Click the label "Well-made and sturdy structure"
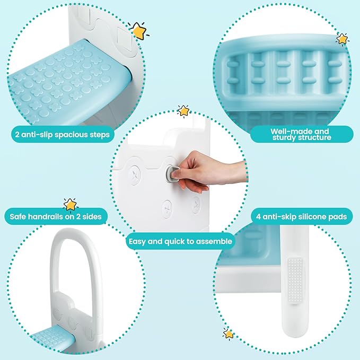300,134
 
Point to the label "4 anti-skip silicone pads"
301,216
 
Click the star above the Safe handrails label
70,204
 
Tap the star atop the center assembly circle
183,110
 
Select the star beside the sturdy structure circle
343,39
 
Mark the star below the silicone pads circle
229,333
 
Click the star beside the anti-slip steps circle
139,32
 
